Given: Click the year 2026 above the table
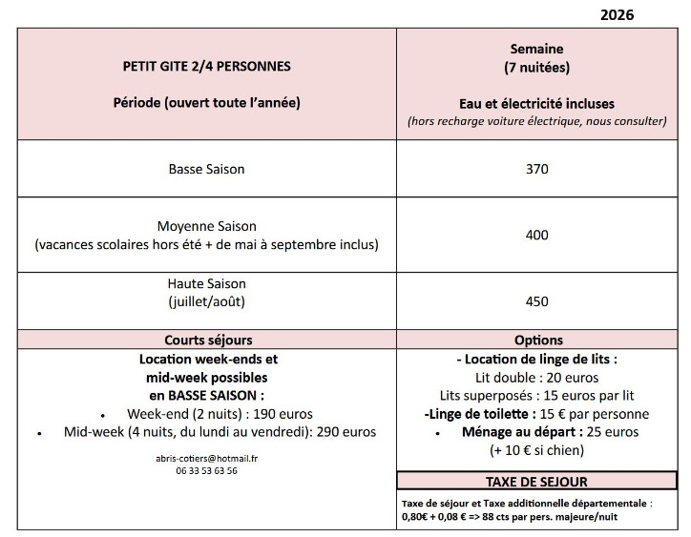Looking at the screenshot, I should (x=618, y=14).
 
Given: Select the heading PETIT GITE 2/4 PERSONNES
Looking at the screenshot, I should (x=207, y=67).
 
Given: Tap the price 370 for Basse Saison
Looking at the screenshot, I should (x=537, y=169).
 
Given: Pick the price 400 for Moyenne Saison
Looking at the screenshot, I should (x=537, y=235).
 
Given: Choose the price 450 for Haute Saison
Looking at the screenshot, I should (x=537, y=301).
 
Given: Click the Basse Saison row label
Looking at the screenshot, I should (x=207, y=169).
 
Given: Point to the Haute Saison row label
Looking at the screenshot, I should (x=207, y=283).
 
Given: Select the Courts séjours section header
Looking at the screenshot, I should (x=207, y=340).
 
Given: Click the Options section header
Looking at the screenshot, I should (x=538, y=340).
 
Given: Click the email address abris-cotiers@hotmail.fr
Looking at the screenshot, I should (x=207, y=458).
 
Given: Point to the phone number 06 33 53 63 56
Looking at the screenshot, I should (x=207, y=470).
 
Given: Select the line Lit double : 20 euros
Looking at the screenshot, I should (x=537, y=378).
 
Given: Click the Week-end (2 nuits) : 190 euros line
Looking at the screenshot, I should (x=220, y=414).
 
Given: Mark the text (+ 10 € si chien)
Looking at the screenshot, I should (x=537, y=450).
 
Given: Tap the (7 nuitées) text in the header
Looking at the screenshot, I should (x=537, y=67).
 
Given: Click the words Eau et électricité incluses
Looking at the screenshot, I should (x=537, y=103).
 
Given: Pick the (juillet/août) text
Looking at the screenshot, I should (x=207, y=301).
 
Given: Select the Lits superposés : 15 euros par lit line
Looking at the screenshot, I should (x=537, y=396).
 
